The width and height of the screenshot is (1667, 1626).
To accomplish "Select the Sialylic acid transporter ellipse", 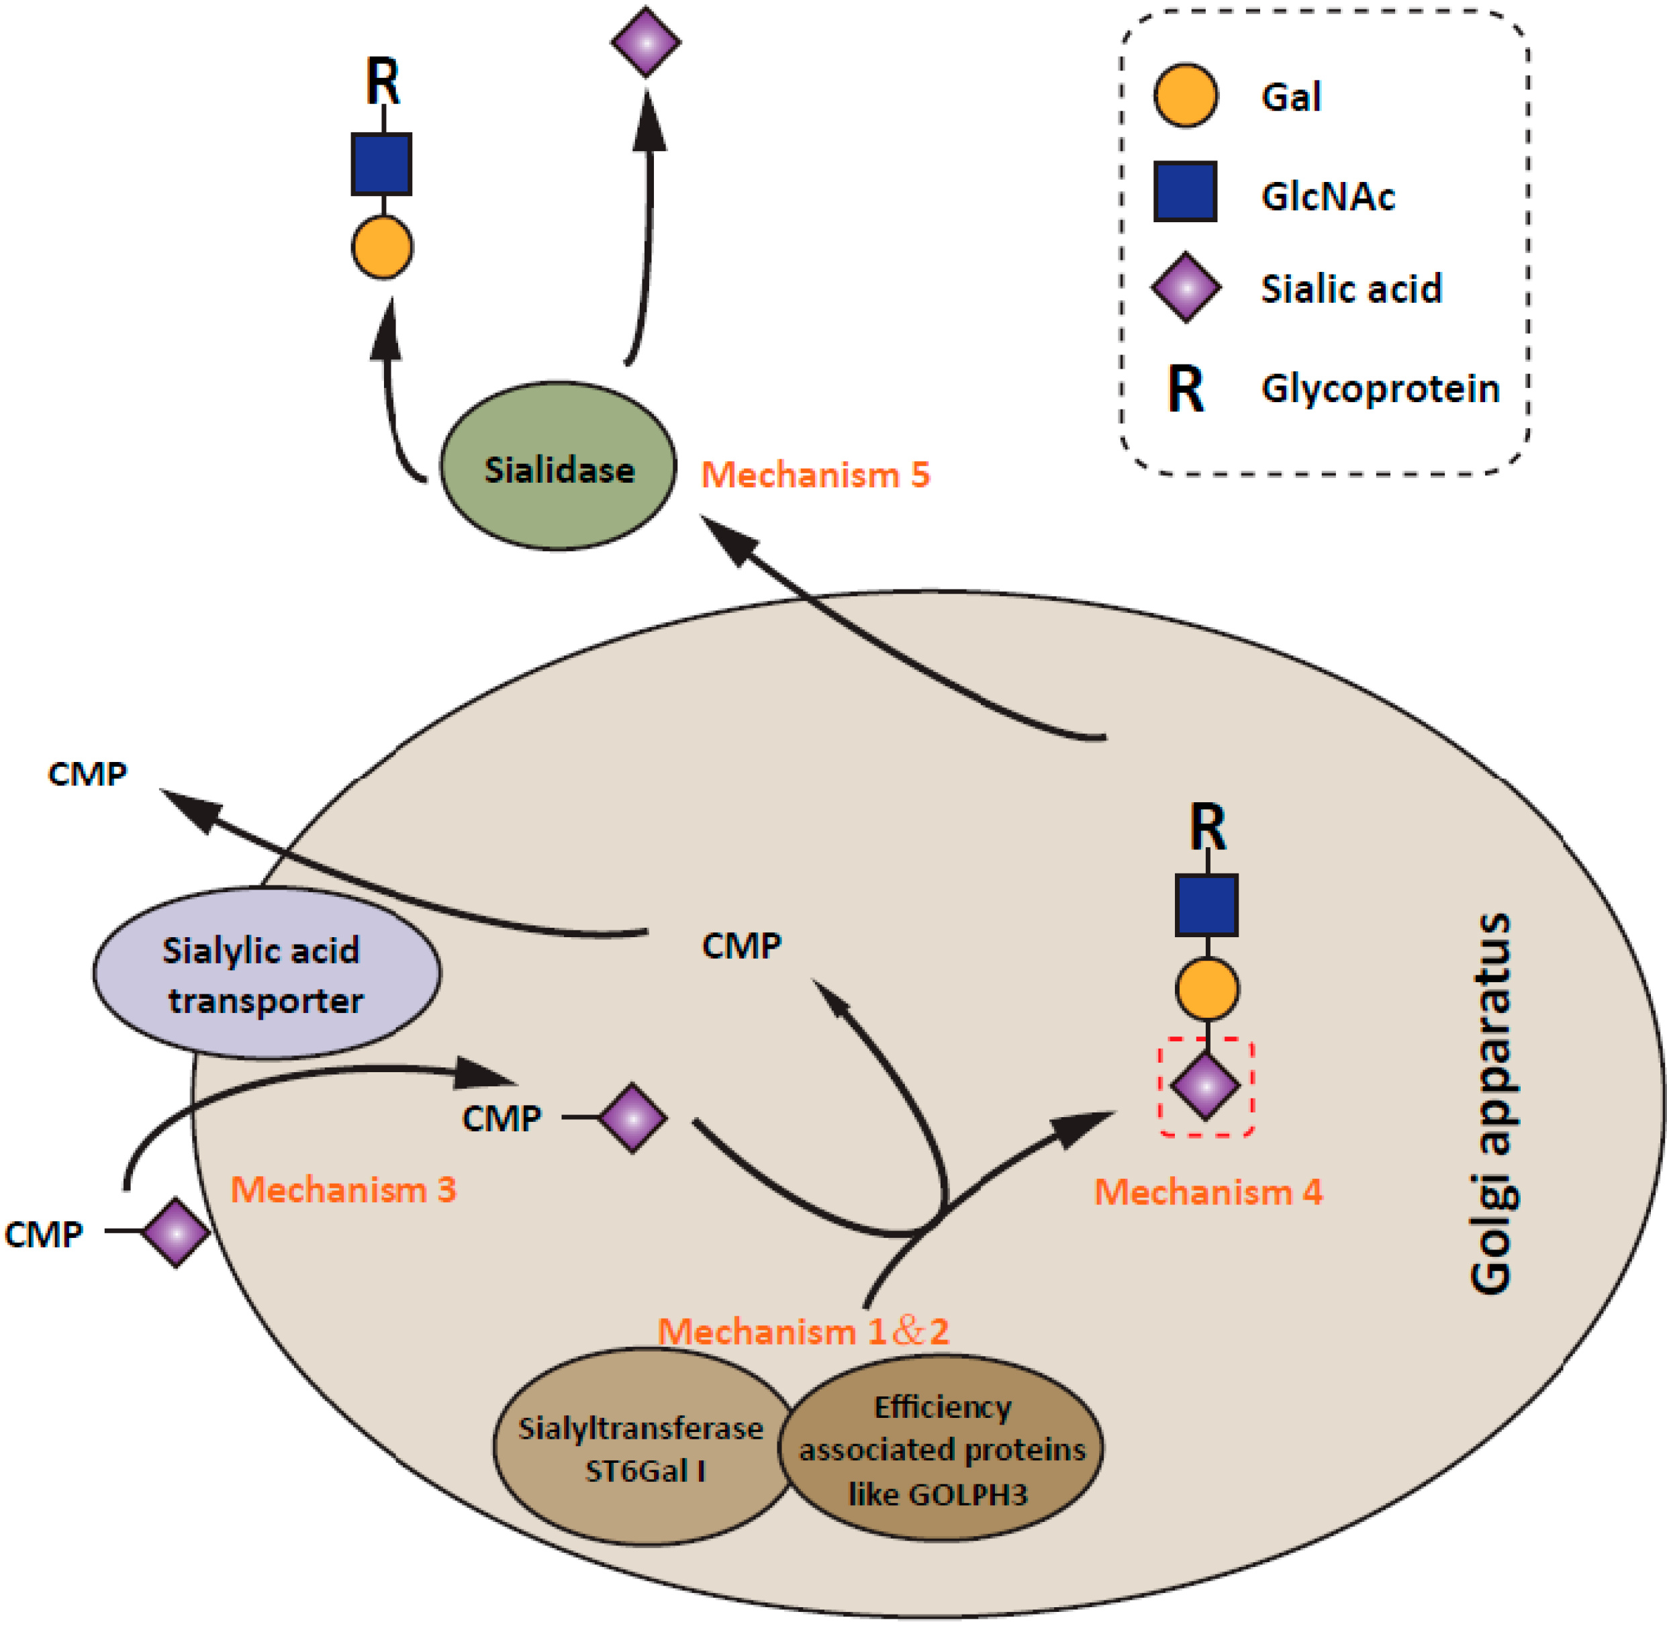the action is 267,973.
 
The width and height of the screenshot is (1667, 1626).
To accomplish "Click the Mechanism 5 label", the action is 816,475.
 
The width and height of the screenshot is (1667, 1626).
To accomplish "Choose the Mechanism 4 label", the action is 1208,1192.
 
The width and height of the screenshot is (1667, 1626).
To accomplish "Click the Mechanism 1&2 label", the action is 803,1331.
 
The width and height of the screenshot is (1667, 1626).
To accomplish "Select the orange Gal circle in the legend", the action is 1186,95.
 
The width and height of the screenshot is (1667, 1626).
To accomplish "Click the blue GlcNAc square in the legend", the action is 1186,191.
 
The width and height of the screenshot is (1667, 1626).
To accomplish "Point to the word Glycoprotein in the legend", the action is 1380,389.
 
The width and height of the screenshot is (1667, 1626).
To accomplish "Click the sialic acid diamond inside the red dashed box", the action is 1205,1087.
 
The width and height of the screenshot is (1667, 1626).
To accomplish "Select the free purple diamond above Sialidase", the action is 646,42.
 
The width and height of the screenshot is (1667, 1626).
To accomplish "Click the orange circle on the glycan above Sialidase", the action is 382,247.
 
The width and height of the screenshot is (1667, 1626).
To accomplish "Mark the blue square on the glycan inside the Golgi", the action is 1206,905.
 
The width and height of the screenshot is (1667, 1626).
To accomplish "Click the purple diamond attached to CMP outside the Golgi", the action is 175,1233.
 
